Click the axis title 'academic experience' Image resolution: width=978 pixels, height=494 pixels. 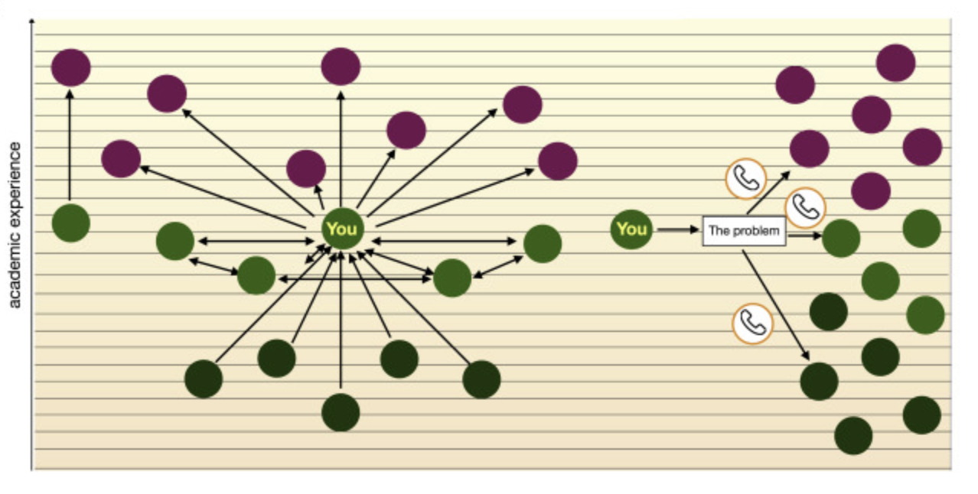(x=15, y=225)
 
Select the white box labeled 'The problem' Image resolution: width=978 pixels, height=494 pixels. (x=744, y=231)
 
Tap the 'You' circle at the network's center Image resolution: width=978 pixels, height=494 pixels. (x=341, y=228)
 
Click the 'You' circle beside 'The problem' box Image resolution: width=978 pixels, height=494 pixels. (x=631, y=229)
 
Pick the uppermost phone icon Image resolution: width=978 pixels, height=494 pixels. (x=745, y=179)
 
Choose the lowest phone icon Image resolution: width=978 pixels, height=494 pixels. (x=753, y=324)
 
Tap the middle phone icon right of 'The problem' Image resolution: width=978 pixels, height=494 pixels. (x=806, y=207)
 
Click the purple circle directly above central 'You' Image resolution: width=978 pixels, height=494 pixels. (x=341, y=67)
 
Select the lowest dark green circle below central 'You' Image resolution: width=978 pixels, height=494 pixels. (x=341, y=413)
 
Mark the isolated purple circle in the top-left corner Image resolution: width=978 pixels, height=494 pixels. (x=71, y=67)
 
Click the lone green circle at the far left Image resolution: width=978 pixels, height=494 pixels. (x=71, y=223)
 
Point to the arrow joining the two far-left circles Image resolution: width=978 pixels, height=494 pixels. (x=70, y=145)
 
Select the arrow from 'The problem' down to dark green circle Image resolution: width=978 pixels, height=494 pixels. (x=776, y=304)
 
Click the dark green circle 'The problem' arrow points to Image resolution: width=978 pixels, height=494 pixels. (x=819, y=381)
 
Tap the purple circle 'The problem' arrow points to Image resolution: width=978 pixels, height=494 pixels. (x=809, y=149)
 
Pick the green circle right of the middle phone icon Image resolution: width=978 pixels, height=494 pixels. (x=841, y=238)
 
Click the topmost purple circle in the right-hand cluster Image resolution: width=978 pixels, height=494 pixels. (x=895, y=63)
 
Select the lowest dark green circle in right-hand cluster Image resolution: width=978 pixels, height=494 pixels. (x=853, y=436)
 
